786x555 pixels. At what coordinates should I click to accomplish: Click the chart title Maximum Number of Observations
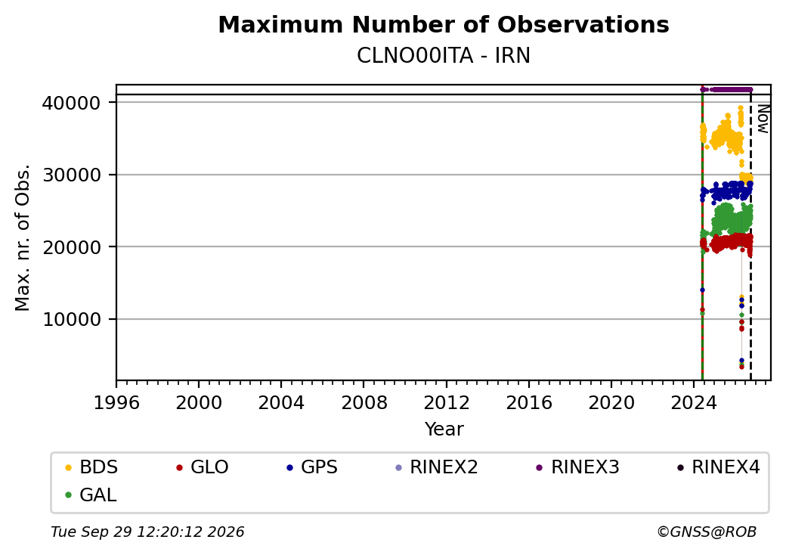pyautogui.click(x=444, y=24)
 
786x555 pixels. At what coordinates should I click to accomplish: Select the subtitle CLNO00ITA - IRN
pyautogui.click(x=444, y=56)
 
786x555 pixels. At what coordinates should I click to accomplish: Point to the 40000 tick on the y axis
pyautogui.click(x=72, y=104)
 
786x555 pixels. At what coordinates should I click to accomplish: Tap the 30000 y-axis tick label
pyautogui.click(x=72, y=175)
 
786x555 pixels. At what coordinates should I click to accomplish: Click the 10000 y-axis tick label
pyautogui.click(x=72, y=320)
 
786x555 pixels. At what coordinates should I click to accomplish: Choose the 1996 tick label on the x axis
pyautogui.click(x=116, y=402)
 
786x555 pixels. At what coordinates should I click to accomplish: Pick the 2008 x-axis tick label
pyautogui.click(x=364, y=402)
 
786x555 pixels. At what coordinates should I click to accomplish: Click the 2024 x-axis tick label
pyautogui.click(x=694, y=402)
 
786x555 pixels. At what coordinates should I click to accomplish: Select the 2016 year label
pyautogui.click(x=529, y=402)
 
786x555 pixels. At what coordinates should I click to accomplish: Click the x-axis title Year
pyautogui.click(x=444, y=429)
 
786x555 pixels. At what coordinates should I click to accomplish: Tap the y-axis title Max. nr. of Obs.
pyautogui.click(x=23, y=237)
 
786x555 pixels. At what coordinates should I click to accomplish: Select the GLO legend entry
pyautogui.click(x=203, y=467)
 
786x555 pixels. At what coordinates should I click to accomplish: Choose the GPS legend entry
pyautogui.click(x=312, y=467)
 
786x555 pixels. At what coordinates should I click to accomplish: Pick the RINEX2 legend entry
pyautogui.click(x=437, y=467)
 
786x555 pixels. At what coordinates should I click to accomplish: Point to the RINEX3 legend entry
pyautogui.click(x=578, y=467)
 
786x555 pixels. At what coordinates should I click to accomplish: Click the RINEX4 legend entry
pyautogui.click(x=718, y=467)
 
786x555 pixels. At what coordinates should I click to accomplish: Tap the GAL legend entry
pyautogui.click(x=91, y=495)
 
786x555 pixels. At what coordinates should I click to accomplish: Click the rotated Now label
pyautogui.click(x=763, y=119)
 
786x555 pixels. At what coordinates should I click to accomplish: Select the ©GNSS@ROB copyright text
pyautogui.click(x=707, y=532)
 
